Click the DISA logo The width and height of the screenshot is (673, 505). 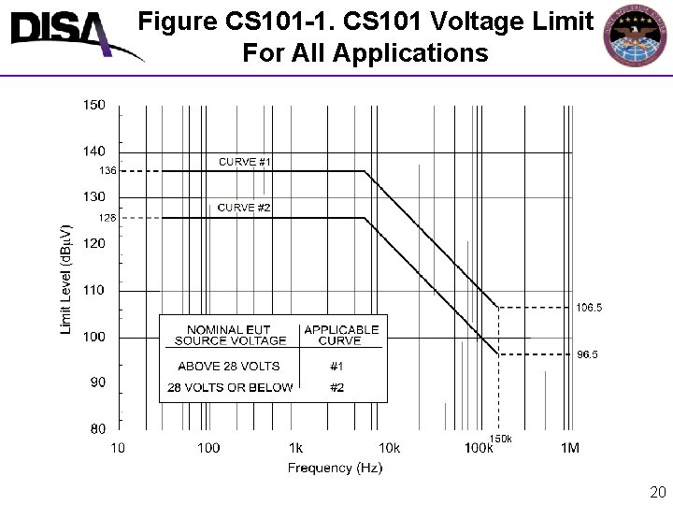[x=70, y=36]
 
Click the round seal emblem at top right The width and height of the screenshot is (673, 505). [x=639, y=35]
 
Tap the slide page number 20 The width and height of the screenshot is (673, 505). [x=657, y=492]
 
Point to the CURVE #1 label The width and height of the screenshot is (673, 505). [x=245, y=162]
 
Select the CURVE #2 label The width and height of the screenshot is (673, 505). [x=245, y=208]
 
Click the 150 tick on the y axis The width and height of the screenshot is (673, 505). [x=94, y=105]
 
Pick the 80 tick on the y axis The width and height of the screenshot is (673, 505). [x=98, y=429]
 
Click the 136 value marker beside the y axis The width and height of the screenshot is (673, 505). [x=108, y=171]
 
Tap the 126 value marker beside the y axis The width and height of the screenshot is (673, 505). [x=108, y=218]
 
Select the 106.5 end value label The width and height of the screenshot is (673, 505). [x=589, y=307]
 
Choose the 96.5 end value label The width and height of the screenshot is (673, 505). [x=587, y=354]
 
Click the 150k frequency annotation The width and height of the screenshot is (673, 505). [x=501, y=439]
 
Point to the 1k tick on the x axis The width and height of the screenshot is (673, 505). [x=295, y=448]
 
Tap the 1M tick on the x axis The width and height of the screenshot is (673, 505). [x=569, y=448]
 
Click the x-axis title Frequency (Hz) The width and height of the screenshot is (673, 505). [x=335, y=468]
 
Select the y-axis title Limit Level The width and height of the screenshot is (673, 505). [x=66, y=279]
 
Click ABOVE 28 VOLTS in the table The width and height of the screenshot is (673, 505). [x=229, y=366]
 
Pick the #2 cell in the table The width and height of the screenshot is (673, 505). [x=337, y=387]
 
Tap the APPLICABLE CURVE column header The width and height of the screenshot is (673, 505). [x=341, y=335]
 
